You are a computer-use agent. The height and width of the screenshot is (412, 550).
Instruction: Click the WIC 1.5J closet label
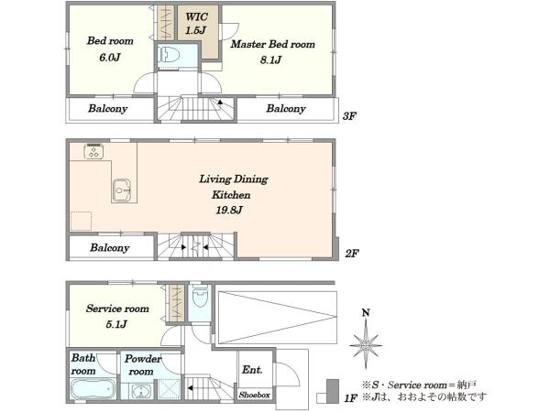point(196,23)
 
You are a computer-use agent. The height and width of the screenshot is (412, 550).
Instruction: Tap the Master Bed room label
point(272,44)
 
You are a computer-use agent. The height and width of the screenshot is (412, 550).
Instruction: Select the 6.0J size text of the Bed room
point(110,57)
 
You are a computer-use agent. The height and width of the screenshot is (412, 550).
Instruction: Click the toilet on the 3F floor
point(169,55)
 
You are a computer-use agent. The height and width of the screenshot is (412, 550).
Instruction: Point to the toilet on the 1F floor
point(201,297)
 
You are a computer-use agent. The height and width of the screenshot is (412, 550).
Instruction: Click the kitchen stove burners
point(93,151)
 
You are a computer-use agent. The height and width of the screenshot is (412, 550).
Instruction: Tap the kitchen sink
point(122,190)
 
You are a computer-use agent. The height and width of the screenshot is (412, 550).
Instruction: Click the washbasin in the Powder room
point(140,392)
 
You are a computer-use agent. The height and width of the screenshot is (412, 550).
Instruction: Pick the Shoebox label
point(255,395)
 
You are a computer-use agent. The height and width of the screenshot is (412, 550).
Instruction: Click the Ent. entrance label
point(252,370)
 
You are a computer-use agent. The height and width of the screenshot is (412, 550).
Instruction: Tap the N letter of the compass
point(366,312)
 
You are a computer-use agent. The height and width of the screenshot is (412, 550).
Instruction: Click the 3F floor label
point(350,116)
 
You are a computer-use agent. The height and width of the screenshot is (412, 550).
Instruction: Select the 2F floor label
point(352,253)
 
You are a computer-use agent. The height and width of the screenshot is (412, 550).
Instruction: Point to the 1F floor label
point(351,398)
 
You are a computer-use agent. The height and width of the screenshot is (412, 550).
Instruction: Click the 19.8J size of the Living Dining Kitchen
point(229,210)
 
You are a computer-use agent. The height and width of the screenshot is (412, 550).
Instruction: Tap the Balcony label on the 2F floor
point(110,248)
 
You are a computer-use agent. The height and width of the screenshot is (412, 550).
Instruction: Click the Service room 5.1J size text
point(116,324)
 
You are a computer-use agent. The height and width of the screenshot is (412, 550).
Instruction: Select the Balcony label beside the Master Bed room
point(286,109)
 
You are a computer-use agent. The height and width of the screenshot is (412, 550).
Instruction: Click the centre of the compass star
point(366,345)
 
